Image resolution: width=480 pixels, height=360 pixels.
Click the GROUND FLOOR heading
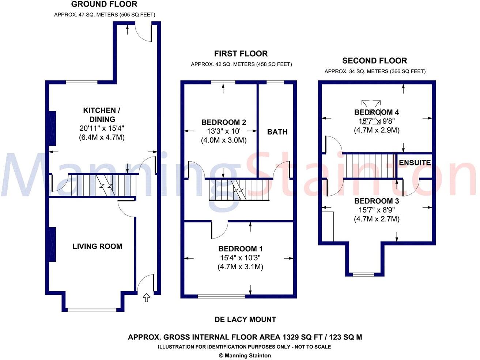[x=104, y=4]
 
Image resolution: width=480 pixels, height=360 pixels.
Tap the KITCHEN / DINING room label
[x=102, y=115]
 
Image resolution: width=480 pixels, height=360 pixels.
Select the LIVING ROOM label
[x=97, y=246]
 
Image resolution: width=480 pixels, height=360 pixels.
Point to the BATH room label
[x=277, y=132]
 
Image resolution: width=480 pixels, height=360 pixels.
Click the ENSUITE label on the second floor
[x=415, y=162]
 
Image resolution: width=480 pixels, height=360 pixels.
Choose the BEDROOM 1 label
[x=241, y=249]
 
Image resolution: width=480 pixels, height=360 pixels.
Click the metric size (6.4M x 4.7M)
[x=102, y=138]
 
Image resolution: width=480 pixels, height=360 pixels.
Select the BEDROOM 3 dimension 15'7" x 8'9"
[x=377, y=210]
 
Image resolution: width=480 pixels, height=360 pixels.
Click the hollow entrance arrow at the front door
[x=146, y=298]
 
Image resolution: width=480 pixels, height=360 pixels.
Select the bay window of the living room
[x=92, y=310]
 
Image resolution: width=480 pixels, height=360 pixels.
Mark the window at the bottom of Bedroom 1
[x=221, y=296]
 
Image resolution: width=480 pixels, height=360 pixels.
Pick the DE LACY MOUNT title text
[x=245, y=319]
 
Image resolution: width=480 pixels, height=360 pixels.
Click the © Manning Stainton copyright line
[x=245, y=355]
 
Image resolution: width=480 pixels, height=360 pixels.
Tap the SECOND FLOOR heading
[x=374, y=61]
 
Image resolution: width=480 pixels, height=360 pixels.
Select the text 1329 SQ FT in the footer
[x=301, y=337]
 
